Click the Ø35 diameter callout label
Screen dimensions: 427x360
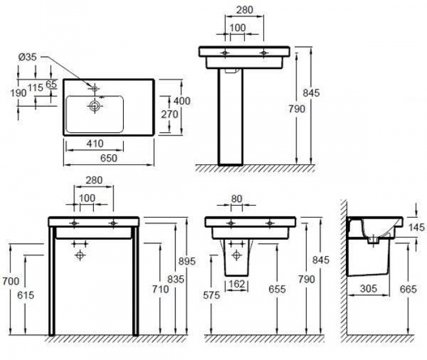click(x=27, y=57)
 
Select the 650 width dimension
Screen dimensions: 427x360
click(x=109, y=158)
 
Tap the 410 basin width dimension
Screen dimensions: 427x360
click(x=95, y=143)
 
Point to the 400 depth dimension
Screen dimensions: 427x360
click(x=182, y=101)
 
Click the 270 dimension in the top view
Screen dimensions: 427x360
click(x=170, y=114)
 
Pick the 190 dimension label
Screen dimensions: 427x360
click(x=18, y=93)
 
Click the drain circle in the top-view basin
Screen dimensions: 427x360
click(x=95, y=106)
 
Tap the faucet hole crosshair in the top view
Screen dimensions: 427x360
click(x=95, y=88)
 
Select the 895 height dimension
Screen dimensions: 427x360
click(x=187, y=261)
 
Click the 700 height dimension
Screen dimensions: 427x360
click(x=11, y=281)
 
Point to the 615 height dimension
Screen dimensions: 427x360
click(x=26, y=295)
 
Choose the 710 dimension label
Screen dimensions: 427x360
click(x=160, y=289)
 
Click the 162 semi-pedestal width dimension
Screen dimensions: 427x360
click(x=237, y=284)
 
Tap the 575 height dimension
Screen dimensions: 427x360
click(x=212, y=295)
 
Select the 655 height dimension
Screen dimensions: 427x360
click(x=277, y=289)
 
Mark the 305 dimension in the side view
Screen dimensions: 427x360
click(x=368, y=289)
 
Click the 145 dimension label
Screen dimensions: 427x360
click(x=417, y=227)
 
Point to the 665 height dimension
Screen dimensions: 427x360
click(x=408, y=289)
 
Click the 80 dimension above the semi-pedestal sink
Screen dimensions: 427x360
click(x=237, y=199)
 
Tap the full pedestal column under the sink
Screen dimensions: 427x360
click(x=231, y=117)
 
